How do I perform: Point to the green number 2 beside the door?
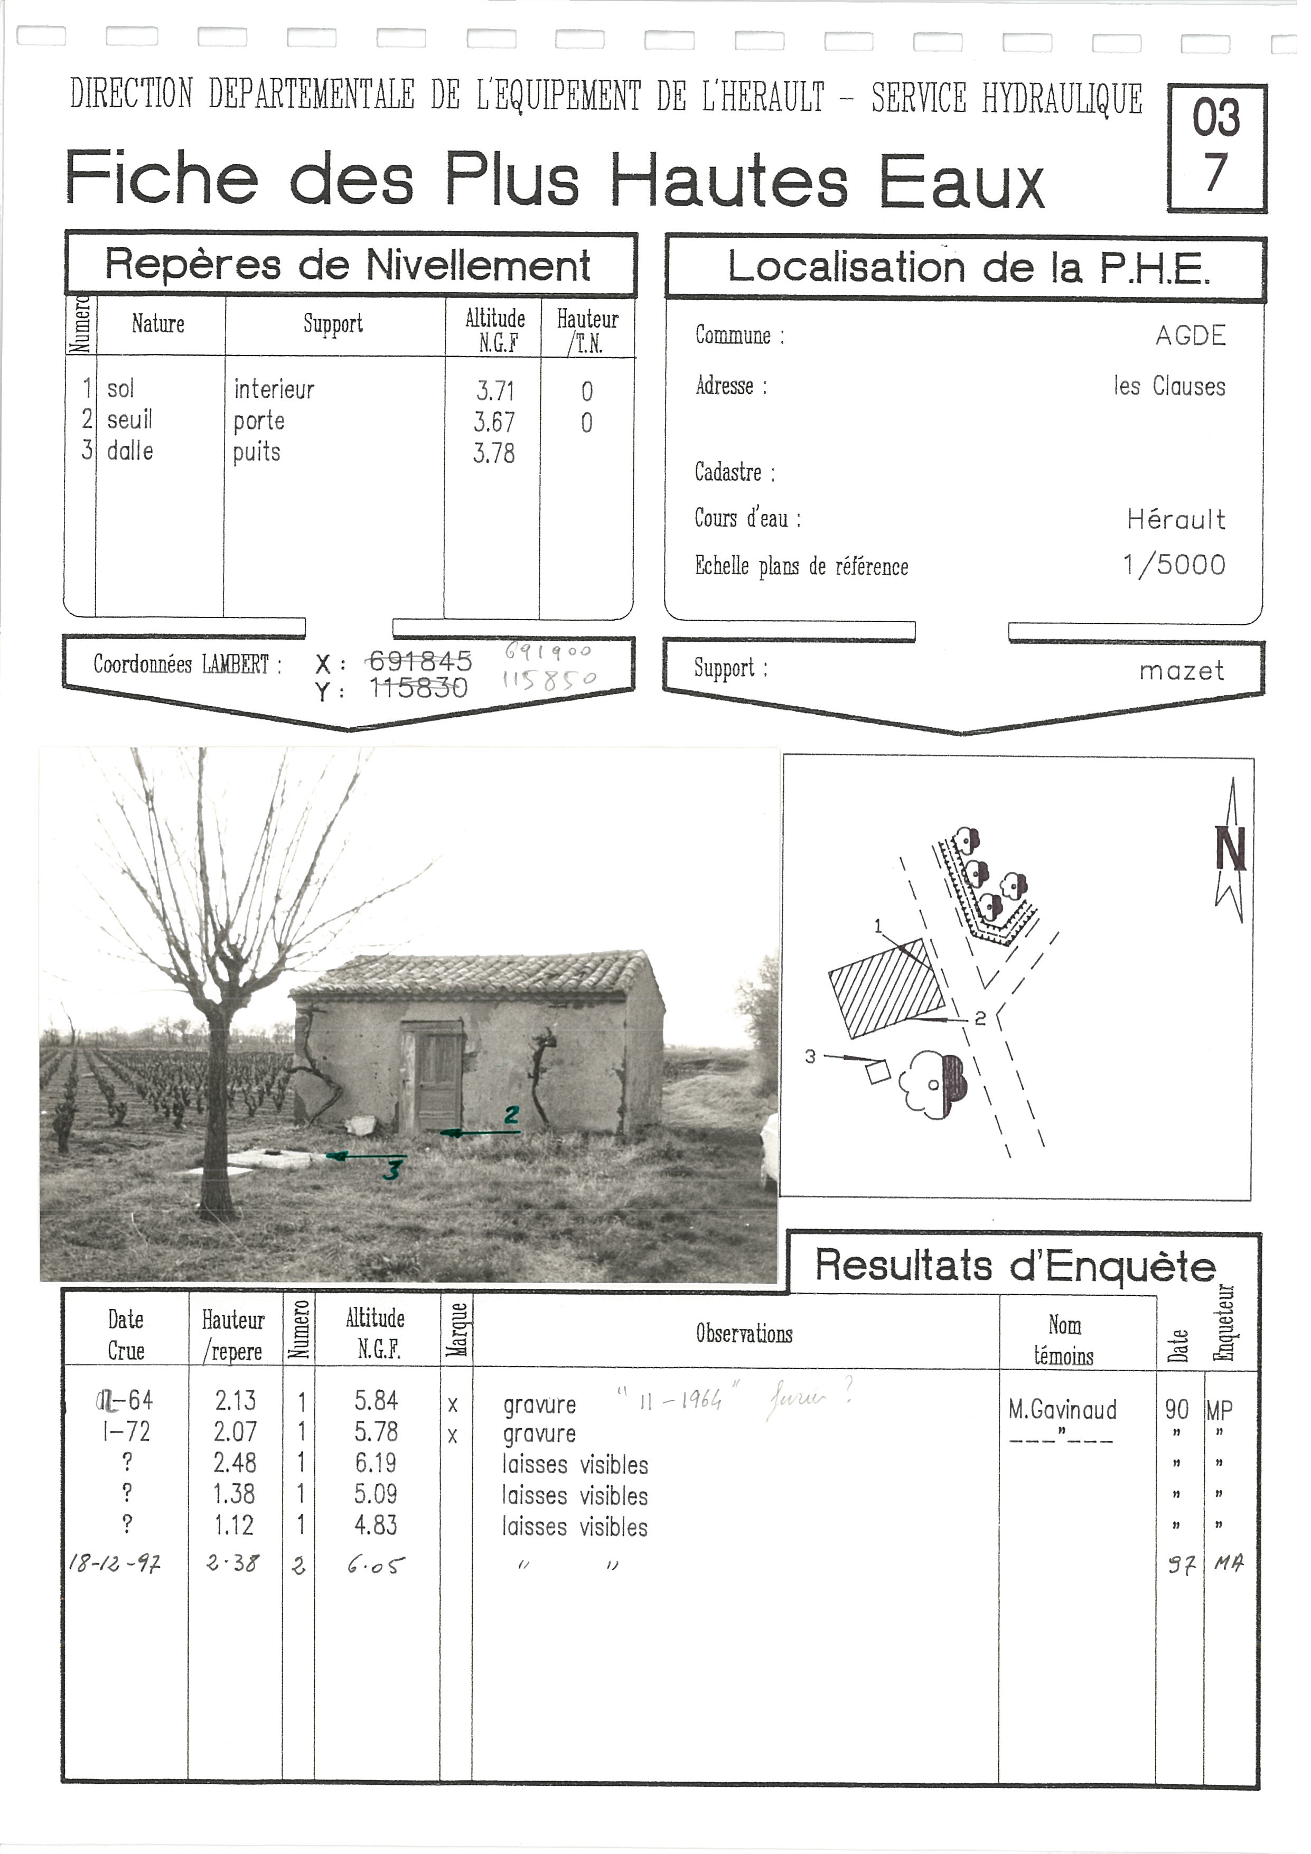click(518, 1125)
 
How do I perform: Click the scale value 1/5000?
click(1186, 570)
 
